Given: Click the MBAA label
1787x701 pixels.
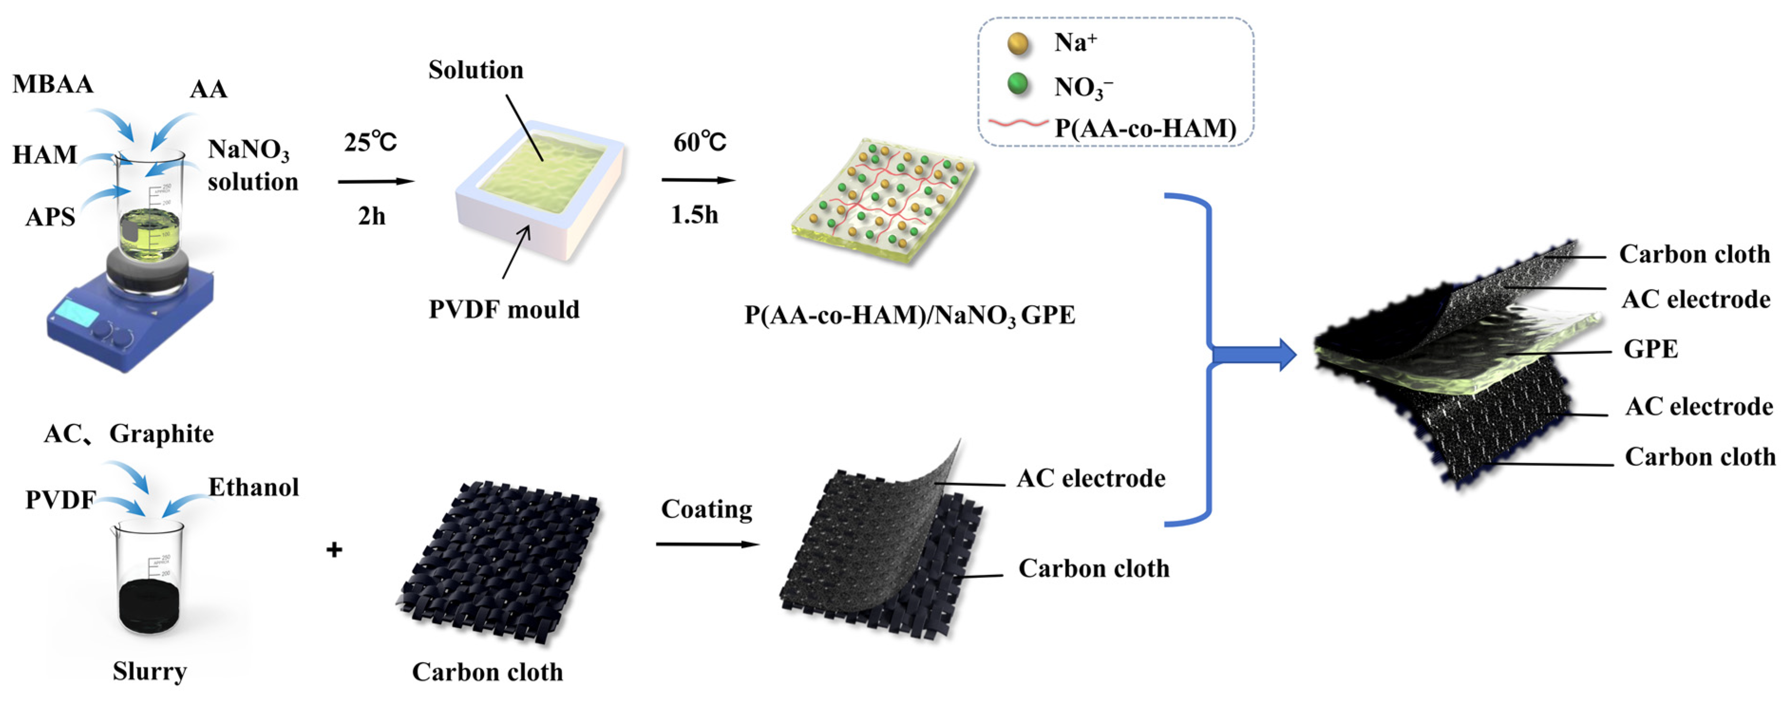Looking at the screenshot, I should click(53, 84).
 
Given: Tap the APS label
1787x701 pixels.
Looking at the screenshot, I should click(50, 217).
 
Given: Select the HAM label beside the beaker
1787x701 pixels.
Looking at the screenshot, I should click(44, 154).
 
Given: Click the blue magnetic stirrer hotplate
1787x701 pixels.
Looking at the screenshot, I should click(128, 319).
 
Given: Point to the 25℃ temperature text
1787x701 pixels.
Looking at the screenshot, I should click(370, 142).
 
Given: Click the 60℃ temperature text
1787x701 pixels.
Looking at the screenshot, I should click(699, 142).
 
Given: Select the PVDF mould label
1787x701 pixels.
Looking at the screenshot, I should click(504, 309).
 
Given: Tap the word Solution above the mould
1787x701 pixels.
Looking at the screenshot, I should click(475, 70).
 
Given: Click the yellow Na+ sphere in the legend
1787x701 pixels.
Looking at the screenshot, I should click(1018, 43).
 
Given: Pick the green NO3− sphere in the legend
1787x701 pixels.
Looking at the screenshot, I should click(1018, 84).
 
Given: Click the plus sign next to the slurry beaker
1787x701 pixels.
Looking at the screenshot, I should click(334, 550).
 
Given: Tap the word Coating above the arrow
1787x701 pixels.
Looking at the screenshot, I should click(706, 509).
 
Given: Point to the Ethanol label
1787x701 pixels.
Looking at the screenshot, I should click(254, 487).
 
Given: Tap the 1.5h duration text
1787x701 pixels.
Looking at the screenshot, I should click(694, 215).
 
